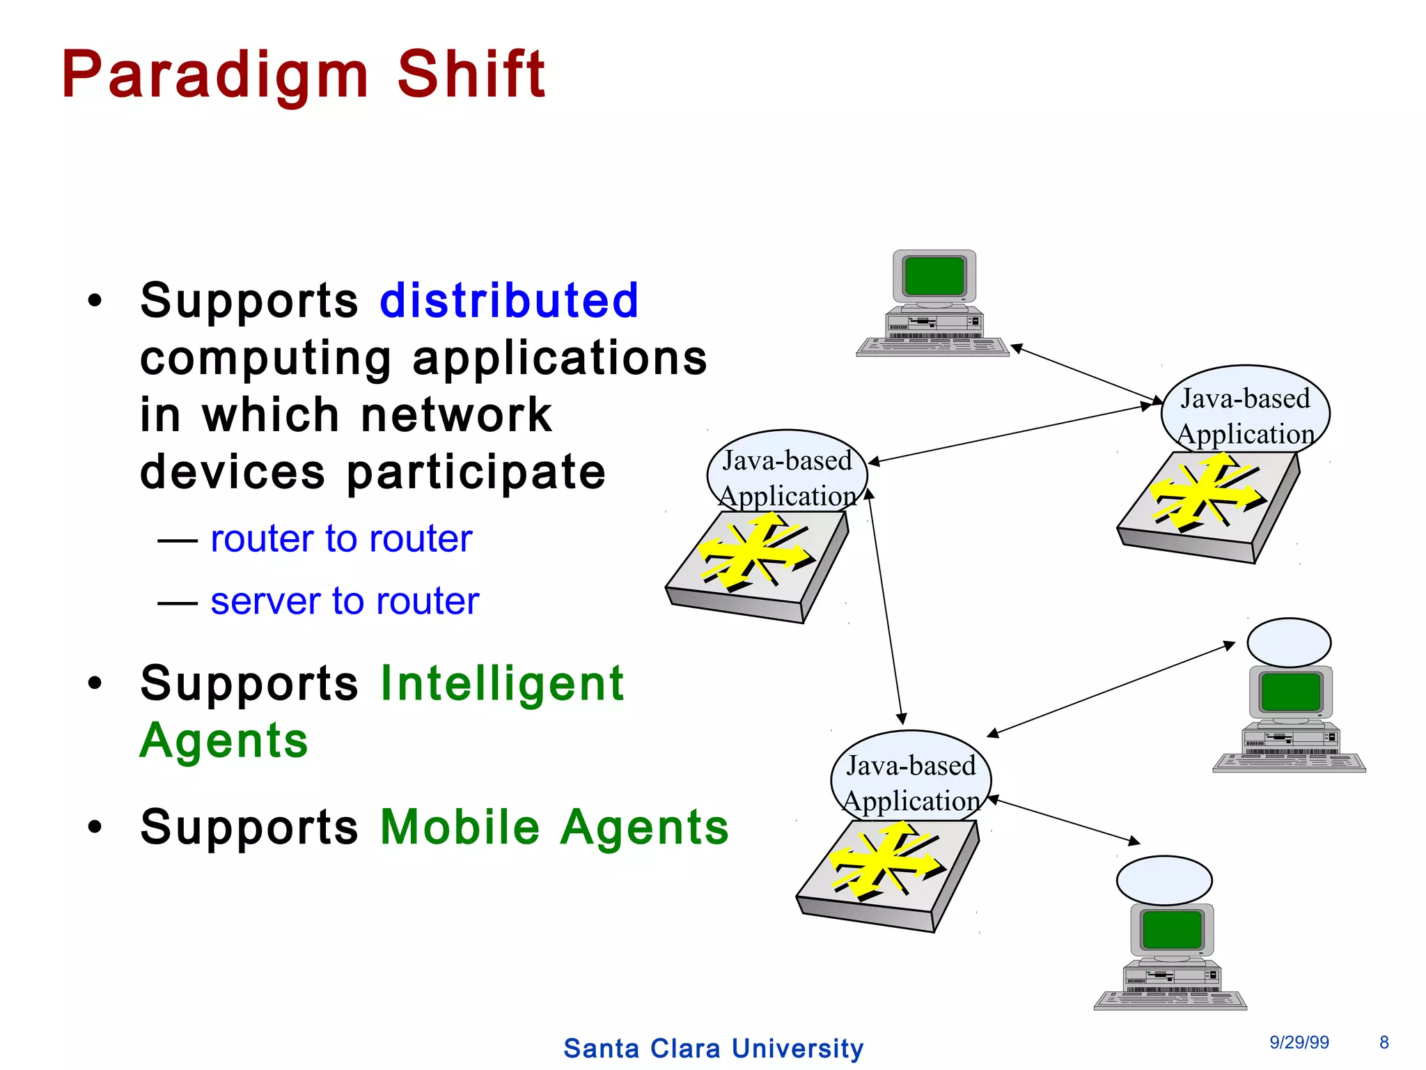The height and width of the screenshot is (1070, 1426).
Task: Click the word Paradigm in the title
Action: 214,75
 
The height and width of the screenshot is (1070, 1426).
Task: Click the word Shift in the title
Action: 471,75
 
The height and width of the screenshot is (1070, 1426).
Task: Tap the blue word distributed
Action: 509,301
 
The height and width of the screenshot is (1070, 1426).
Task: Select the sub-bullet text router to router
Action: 341,538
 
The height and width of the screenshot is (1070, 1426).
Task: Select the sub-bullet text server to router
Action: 345,600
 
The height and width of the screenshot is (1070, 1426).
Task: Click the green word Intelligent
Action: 502,683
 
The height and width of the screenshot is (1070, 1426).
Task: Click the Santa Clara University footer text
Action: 713,1048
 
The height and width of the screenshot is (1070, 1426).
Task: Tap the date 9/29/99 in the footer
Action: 1299,1042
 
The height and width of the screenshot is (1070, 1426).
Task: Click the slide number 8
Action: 1384,1042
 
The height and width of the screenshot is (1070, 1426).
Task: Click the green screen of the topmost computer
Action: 934,276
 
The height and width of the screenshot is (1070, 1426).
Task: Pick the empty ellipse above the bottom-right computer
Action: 1164,881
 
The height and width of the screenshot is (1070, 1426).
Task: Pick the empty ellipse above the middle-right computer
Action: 1289,642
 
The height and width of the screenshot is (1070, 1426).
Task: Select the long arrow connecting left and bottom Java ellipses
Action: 885,606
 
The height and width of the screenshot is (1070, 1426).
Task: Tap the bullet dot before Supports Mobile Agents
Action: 95,828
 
